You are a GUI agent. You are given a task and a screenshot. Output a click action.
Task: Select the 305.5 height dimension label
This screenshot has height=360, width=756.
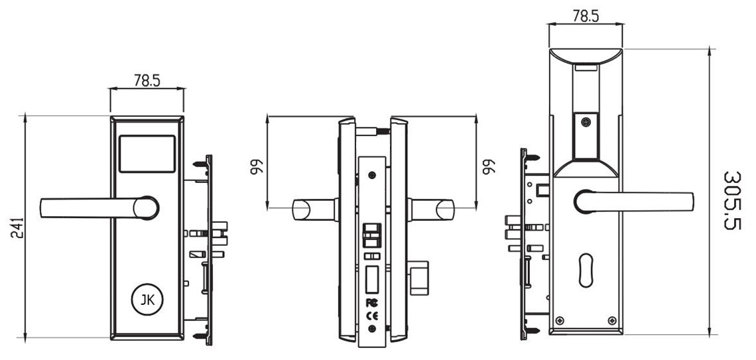[x=732, y=200]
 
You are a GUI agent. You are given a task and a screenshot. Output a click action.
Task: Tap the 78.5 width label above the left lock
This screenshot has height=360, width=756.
[x=147, y=81]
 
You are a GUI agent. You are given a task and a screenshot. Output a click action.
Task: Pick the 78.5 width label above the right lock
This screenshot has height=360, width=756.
[x=586, y=17]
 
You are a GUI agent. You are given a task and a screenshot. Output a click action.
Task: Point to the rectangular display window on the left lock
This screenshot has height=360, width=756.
[x=147, y=153]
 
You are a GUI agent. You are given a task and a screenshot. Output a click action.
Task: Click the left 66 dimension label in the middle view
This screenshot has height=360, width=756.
[x=255, y=166]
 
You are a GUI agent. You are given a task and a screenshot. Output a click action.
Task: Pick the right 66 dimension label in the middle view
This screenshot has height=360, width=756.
[x=488, y=166]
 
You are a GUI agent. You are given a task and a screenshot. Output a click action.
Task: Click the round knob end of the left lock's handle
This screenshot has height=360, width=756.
[x=146, y=208]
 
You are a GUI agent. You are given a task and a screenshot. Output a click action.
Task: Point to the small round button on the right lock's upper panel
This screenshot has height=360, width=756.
[x=586, y=122]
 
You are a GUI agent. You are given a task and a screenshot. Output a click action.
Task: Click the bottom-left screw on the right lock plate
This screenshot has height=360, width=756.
[x=560, y=322]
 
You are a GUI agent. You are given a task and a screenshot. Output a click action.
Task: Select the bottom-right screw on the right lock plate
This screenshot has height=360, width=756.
[x=611, y=322]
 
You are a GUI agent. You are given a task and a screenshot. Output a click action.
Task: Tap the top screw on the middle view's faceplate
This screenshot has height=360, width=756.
[x=371, y=176]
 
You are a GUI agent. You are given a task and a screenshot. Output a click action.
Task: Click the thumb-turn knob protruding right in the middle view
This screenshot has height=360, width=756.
[x=419, y=277]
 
